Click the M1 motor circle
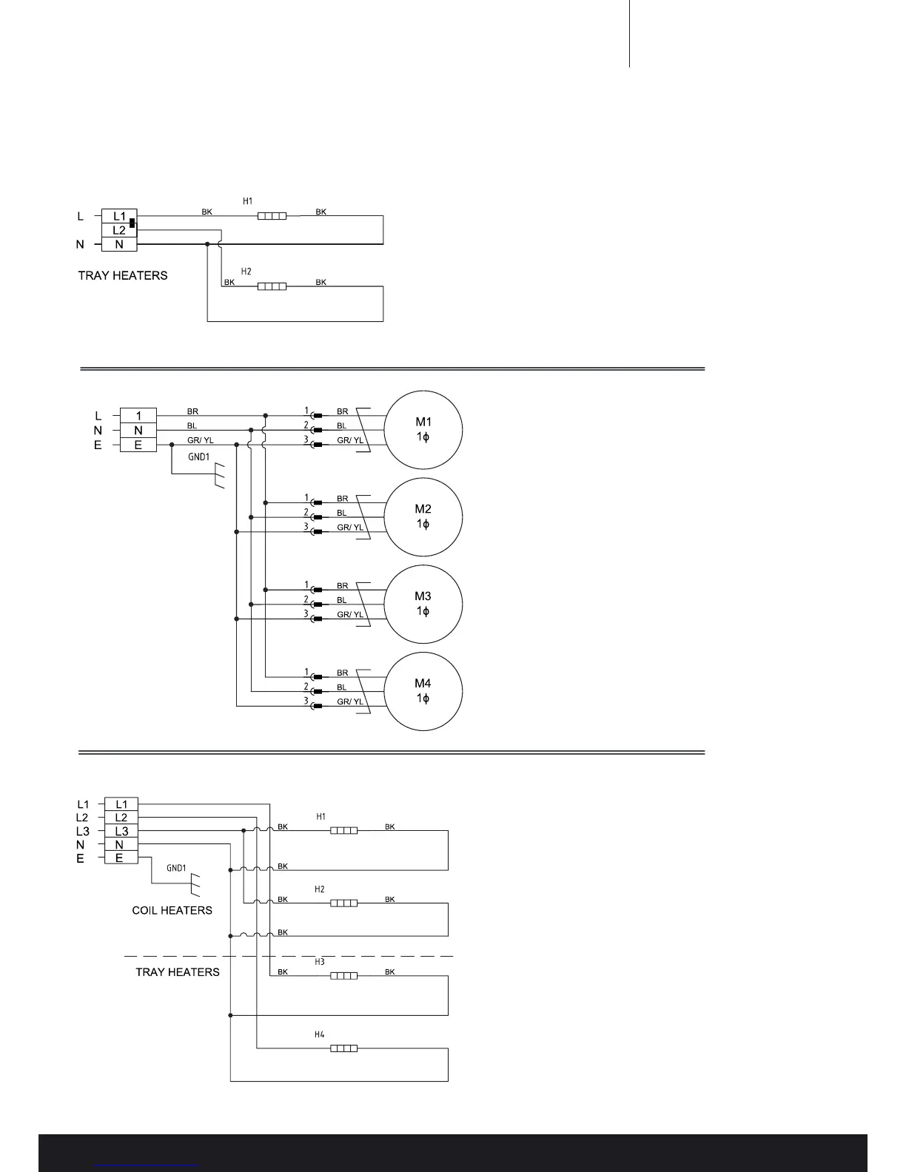tap(423, 429)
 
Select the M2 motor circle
tap(423, 516)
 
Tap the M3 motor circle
tap(423, 604)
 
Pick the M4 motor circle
tap(423, 691)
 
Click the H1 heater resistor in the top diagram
tap(272, 216)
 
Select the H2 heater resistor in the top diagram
tap(272, 286)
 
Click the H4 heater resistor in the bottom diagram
tap(343, 1048)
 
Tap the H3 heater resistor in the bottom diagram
tap(343, 976)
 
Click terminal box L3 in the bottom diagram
tap(121, 831)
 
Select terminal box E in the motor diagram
tap(138, 445)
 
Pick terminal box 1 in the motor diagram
tap(138, 416)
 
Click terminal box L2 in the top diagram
tap(119, 230)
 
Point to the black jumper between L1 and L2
tap(132, 222)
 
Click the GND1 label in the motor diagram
tap(198, 457)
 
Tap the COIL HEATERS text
tap(172, 911)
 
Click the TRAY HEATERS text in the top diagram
tap(123, 275)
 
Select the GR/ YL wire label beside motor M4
tap(350, 701)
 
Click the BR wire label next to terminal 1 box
tap(192, 411)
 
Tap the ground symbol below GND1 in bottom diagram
tap(196, 883)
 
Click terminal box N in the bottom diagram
tap(121, 845)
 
